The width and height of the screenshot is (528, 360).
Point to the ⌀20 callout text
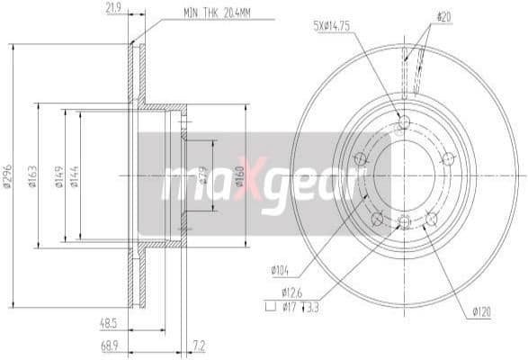443,15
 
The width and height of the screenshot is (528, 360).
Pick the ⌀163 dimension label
31,175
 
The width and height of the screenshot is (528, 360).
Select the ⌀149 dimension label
59,175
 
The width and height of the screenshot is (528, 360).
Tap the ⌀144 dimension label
75,175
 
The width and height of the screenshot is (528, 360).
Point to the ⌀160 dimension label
239,175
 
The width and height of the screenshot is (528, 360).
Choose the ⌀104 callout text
279,269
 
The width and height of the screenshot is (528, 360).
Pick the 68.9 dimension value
111,345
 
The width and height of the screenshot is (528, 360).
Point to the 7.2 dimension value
199,345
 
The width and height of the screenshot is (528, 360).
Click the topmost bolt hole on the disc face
403,122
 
